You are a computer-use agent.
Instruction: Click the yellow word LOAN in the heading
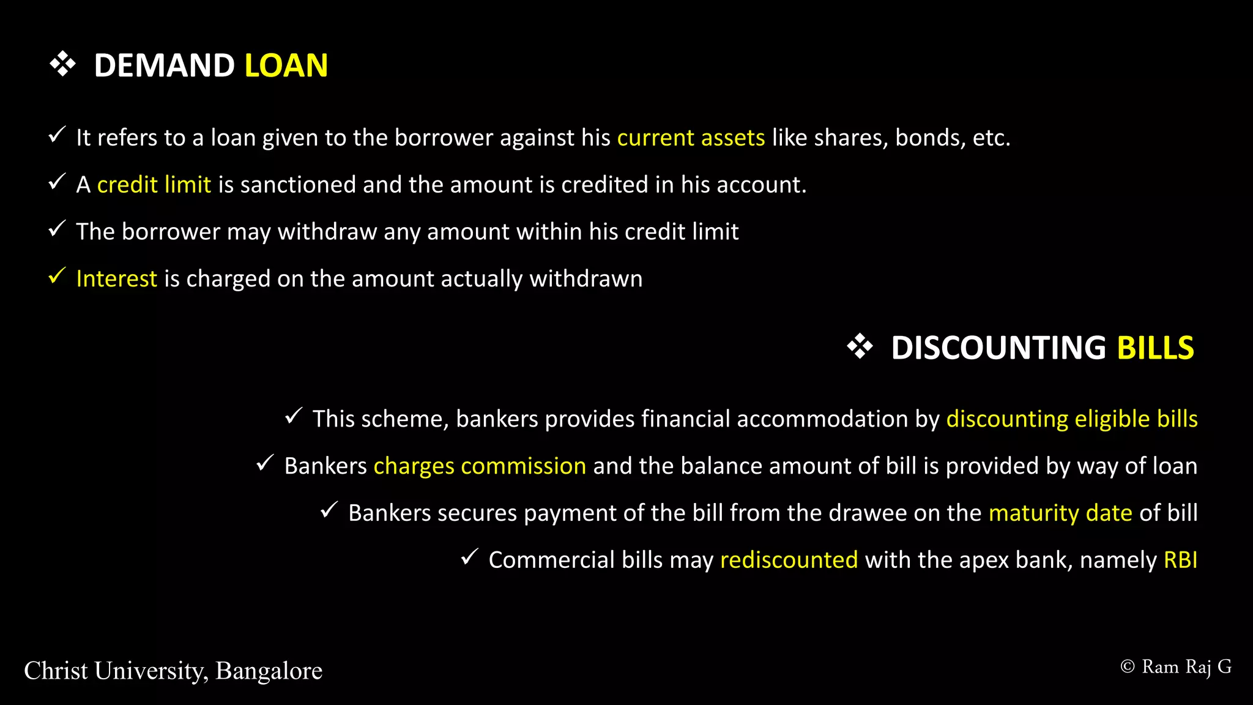tap(286, 65)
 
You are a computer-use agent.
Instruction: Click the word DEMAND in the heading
tap(164, 65)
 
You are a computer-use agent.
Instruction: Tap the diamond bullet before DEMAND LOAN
tap(62, 64)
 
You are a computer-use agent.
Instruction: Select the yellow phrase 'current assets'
tap(691, 138)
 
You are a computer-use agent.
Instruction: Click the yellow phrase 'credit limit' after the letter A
tap(154, 185)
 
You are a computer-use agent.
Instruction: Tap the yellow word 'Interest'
tap(116, 279)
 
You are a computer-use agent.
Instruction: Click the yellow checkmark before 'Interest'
tap(57, 276)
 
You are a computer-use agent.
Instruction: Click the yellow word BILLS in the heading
tap(1155, 348)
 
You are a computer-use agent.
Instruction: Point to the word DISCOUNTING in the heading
tap(998, 348)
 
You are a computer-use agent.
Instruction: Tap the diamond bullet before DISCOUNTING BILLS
tap(860, 346)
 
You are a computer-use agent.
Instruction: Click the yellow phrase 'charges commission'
tap(480, 466)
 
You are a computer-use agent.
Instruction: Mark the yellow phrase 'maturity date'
tap(1060, 513)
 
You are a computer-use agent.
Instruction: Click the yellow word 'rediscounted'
tap(789, 560)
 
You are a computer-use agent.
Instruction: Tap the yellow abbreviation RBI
tap(1180, 560)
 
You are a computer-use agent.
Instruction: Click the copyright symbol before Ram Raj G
tap(1127, 666)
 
